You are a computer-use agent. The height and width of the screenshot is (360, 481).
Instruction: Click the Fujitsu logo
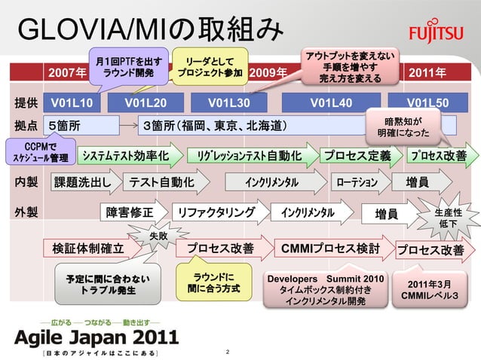438,35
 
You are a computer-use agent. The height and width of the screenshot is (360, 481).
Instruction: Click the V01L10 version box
71,103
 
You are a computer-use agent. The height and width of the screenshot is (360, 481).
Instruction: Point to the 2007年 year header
67,74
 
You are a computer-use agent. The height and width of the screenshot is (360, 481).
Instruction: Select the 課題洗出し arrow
84,183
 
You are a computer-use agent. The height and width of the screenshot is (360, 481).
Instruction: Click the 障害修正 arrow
133,212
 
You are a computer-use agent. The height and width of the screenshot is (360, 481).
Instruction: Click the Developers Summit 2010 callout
326,290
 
